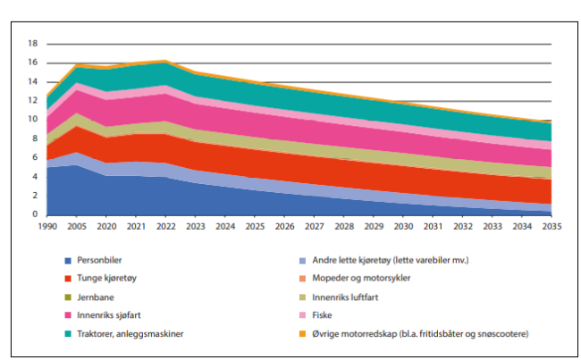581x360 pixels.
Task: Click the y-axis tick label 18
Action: click(x=32, y=43)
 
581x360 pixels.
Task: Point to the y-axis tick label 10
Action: click(x=32, y=119)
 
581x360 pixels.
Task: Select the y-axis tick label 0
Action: click(x=35, y=214)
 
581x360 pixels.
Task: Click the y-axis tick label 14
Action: click(x=32, y=81)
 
